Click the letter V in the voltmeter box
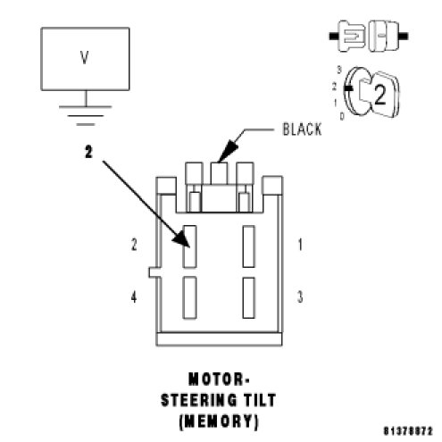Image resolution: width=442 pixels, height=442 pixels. coord(85,58)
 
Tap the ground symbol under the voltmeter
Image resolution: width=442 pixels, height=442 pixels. coord(86,115)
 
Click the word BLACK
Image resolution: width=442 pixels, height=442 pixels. coord(302,129)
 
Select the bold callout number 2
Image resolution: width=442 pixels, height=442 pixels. coord(88,152)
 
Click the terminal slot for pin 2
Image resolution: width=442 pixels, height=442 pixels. coord(189,246)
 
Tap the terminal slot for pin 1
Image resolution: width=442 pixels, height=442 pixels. coord(248,246)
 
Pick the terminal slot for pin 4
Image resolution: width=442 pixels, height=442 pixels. coord(189,297)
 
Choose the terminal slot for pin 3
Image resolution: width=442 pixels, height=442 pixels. coord(248,297)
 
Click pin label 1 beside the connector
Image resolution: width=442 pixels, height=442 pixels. coord(300,245)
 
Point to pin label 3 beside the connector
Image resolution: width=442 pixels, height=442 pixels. coord(300,296)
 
